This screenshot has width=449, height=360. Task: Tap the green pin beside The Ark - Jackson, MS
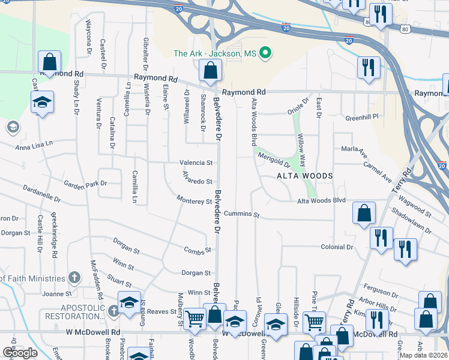265,54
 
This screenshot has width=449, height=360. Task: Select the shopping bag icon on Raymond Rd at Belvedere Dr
210,71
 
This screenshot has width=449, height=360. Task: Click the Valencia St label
196,163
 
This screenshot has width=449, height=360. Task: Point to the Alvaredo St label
196,181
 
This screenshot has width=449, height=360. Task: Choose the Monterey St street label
194,200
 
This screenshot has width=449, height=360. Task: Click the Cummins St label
241,214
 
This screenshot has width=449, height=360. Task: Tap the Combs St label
198,250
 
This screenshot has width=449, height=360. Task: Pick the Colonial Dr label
337,247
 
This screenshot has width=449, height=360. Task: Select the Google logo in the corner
20,353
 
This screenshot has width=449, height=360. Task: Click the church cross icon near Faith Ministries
74,278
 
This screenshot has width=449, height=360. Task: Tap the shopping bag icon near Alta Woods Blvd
364,214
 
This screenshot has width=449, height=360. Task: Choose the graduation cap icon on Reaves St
128,303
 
